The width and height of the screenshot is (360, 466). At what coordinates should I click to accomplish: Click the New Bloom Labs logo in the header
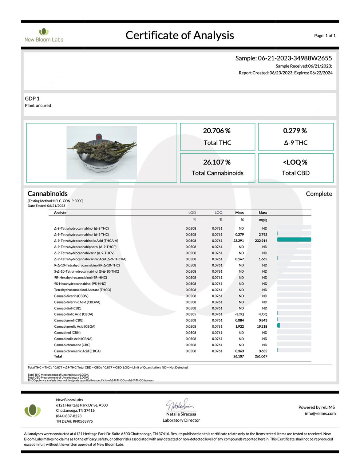click(x=44, y=35)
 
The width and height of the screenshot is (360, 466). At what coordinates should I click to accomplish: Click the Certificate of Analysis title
click(x=180, y=35)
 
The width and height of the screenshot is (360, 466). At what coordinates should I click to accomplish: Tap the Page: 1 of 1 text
click(x=325, y=36)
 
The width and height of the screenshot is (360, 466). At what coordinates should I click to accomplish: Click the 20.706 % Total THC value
click(x=217, y=131)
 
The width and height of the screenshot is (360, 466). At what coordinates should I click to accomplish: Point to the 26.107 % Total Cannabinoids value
click(x=217, y=162)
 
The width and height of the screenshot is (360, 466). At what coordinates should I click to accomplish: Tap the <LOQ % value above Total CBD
click(x=295, y=162)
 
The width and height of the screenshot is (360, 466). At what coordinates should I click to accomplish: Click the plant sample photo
click(x=102, y=153)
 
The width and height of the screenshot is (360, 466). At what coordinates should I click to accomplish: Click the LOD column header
click(x=192, y=213)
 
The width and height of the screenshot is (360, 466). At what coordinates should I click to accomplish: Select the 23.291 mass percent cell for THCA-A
click(x=238, y=241)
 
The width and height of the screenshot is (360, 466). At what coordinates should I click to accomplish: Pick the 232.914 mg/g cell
click(x=261, y=241)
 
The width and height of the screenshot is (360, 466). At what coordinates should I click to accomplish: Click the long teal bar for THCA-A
click(x=294, y=240)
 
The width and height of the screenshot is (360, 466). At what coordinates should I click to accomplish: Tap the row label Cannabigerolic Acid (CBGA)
click(x=75, y=327)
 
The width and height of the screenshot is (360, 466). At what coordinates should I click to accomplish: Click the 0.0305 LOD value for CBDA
click(x=191, y=314)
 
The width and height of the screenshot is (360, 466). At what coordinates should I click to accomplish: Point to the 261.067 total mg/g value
click(x=261, y=356)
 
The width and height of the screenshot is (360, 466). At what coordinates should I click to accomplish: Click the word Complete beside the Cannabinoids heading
click(x=319, y=194)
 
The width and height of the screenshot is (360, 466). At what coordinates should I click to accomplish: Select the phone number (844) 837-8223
click(x=69, y=416)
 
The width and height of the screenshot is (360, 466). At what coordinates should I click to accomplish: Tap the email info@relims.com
click(x=320, y=413)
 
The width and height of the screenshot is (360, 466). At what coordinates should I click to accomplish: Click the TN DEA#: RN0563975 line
click(x=74, y=421)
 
